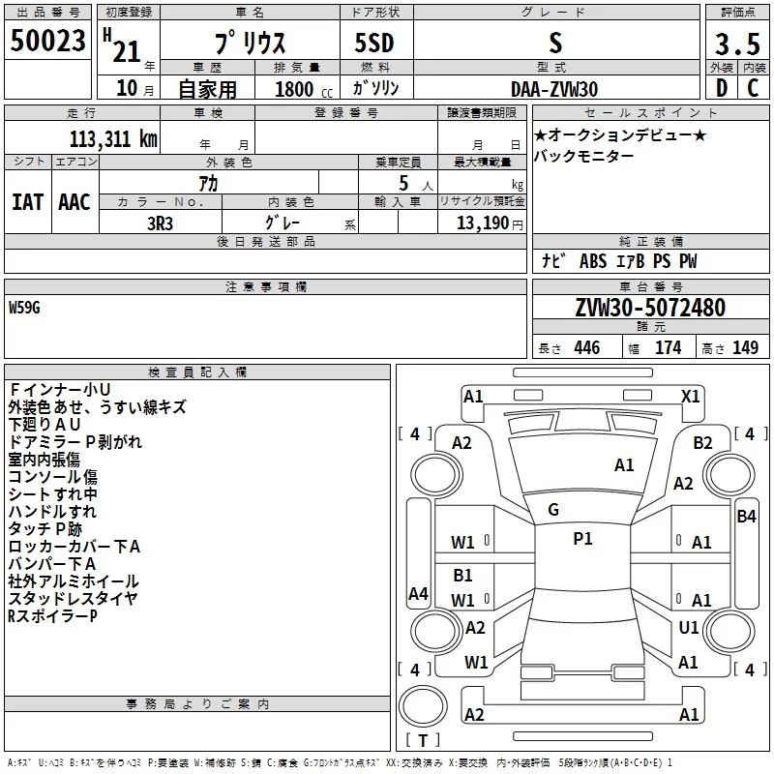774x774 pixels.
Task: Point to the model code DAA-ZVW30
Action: [x=554, y=88]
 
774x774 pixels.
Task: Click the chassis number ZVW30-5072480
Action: [x=649, y=308]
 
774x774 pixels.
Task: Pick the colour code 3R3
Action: [x=160, y=222]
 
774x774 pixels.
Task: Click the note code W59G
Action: [x=25, y=308]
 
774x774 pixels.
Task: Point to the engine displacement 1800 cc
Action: [x=296, y=89]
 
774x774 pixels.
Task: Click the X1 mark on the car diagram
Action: [x=691, y=396]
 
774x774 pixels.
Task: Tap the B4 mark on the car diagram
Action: [x=746, y=516]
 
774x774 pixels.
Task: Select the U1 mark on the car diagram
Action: [x=688, y=627]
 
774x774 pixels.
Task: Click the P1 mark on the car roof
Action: [x=582, y=539]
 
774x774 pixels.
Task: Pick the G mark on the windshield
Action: [x=553, y=509]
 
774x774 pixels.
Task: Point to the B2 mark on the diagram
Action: [x=703, y=442]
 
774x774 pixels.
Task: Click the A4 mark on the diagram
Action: [x=418, y=594]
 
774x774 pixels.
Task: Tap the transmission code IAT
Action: [x=27, y=202]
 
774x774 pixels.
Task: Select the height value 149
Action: [x=745, y=348]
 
